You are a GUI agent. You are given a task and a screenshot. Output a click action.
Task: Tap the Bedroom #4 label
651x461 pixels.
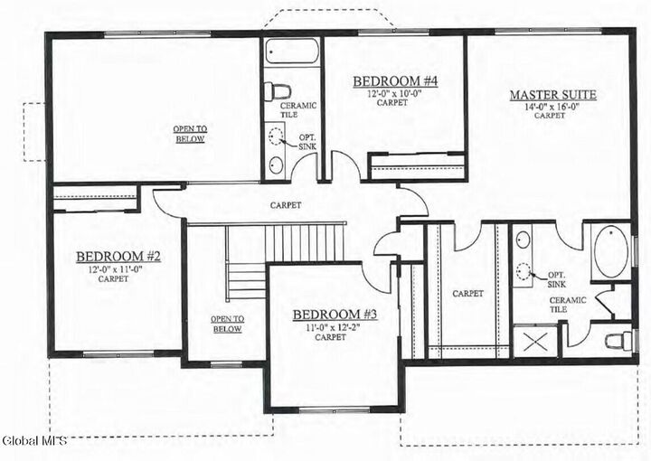[394, 81]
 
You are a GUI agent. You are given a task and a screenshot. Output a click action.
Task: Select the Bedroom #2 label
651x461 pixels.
[118, 257]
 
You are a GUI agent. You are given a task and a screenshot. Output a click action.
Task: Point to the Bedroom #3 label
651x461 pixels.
[334, 315]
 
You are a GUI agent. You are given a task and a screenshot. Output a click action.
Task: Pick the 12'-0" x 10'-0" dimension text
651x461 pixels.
[394, 93]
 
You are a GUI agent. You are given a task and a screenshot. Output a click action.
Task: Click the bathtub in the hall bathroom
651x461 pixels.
[292, 52]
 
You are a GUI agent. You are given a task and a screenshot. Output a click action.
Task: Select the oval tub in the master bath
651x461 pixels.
[611, 250]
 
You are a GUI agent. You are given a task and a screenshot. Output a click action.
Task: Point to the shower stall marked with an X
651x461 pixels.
[534, 342]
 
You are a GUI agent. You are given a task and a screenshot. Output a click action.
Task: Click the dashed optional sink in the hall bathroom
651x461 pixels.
[277, 137]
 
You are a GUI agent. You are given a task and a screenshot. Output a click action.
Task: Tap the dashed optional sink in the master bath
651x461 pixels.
[524, 269]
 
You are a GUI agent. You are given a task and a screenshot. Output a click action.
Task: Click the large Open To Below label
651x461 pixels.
[189, 134]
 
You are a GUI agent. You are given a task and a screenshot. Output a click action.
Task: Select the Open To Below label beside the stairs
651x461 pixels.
[226, 324]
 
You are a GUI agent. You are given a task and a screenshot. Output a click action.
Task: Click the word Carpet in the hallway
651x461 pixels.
[285, 205]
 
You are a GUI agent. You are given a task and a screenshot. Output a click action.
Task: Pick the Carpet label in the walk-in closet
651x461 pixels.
[467, 293]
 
